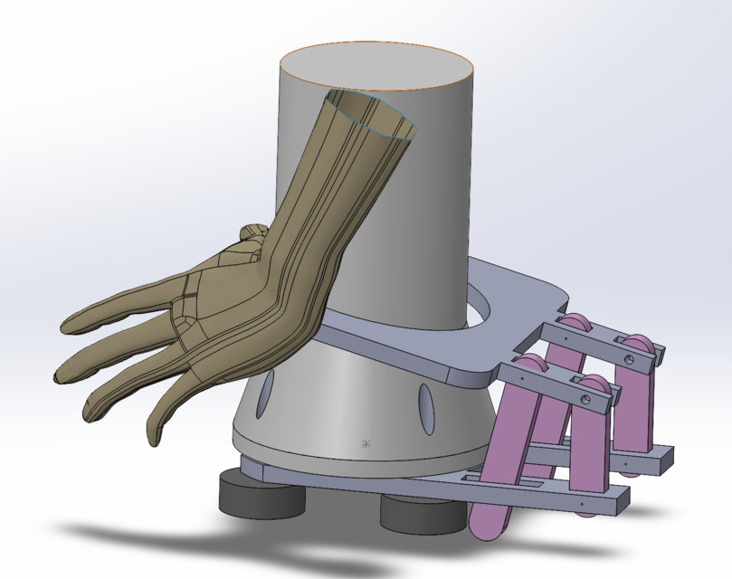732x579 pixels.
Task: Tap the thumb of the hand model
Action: [x=249, y=237]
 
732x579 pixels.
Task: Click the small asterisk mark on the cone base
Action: [x=366, y=443]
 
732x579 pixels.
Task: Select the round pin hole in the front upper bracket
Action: [x=585, y=396]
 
